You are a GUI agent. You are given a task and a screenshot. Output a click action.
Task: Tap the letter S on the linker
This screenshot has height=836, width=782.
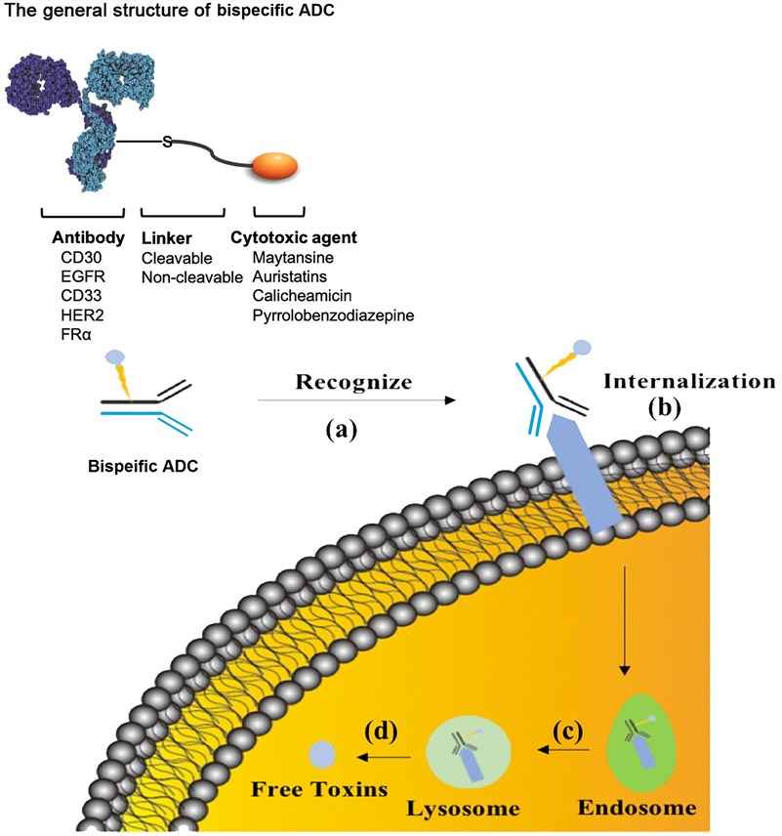[x=167, y=142]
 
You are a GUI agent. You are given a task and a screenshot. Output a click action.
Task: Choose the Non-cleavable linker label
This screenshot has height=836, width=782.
[x=191, y=276]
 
